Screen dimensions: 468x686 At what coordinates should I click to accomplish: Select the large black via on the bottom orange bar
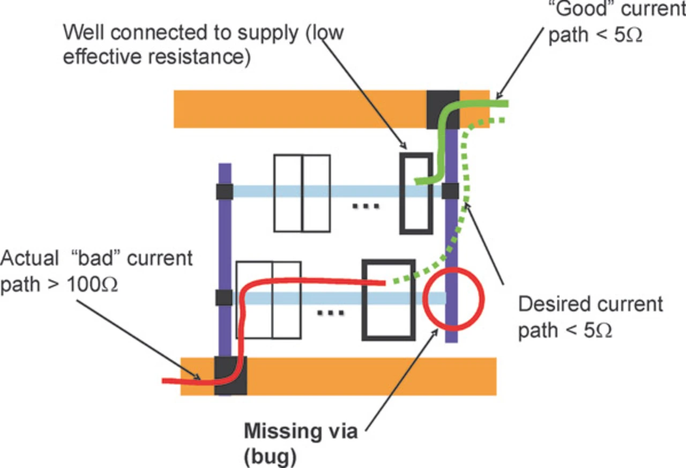coord(230,375)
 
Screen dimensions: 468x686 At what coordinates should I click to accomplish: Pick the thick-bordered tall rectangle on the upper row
coord(416,194)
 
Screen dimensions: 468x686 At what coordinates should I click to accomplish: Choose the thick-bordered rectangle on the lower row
coord(389,300)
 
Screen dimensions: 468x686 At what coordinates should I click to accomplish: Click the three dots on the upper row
coord(367,205)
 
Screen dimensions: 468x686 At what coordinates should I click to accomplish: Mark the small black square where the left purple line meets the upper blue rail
coord(225,191)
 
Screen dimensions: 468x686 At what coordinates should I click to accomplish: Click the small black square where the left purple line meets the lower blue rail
coord(223,298)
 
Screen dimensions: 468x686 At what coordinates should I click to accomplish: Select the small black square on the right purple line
coord(451,190)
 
